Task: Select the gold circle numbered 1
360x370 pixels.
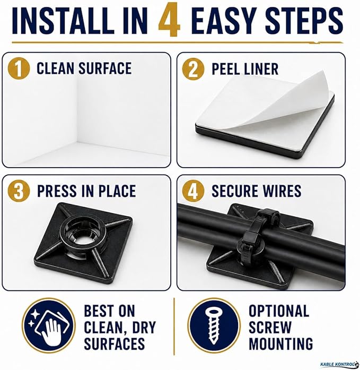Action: tap(19, 69)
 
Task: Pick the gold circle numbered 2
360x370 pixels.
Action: tap(193, 69)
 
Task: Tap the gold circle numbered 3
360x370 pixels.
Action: tap(19, 191)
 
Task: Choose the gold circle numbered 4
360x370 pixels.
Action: tap(193, 191)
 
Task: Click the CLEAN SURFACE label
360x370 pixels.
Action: tap(84, 68)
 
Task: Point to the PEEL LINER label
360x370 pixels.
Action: tap(245, 69)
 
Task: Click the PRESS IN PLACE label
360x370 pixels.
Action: tap(86, 191)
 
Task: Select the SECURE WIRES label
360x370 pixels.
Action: tap(256, 191)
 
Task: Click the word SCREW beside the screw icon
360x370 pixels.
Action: tap(270, 328)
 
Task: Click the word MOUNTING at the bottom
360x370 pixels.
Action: tap(281, 343)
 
